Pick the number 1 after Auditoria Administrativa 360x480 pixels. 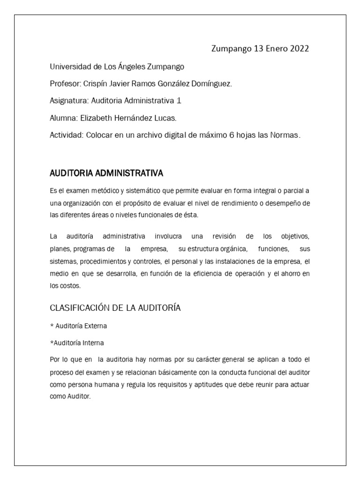click(178, 100)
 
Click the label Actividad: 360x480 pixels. click(67, 135)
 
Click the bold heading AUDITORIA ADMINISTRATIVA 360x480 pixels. click(106, 173)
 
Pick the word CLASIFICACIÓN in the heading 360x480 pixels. click(79, 308)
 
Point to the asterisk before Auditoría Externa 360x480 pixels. click(52, 325)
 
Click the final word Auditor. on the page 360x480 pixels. click(80, 396)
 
